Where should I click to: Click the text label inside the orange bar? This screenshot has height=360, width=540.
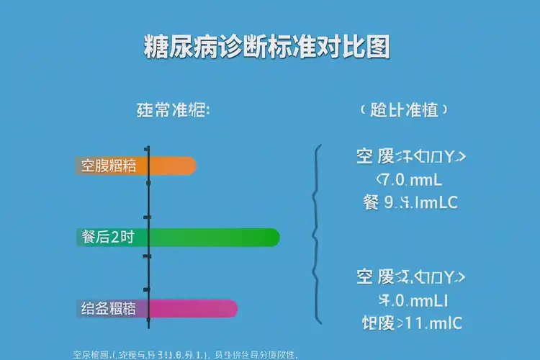[x=108, y=166]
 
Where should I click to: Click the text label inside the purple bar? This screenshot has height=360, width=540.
[x=108, y=309]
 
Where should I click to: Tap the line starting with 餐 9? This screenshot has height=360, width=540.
[x=410, y=202]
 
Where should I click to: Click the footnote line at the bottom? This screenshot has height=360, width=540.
[x=186, y=354]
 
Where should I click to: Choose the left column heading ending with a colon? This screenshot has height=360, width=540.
[x=173, y=111]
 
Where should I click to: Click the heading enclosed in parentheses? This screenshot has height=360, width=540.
[x=404, y=111]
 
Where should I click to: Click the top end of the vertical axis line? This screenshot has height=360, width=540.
[x=148, y=145]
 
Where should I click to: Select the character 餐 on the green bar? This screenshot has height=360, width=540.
[x=89, y=237]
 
